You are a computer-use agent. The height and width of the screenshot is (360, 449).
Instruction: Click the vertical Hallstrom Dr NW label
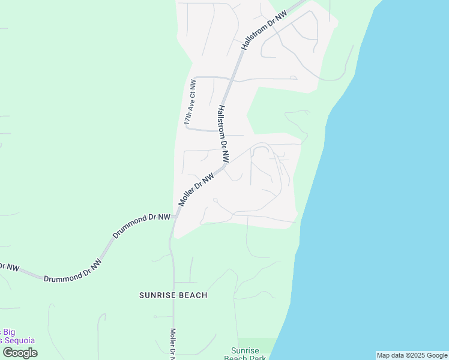(223, 135)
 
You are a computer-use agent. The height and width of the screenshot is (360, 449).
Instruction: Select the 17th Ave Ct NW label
(190, 102)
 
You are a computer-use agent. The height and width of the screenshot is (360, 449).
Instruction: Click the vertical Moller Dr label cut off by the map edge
(172, 343)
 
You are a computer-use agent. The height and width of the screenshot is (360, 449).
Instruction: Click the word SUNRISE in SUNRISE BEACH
(158, 295)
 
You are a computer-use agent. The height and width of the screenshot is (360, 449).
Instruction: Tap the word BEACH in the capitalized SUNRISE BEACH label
(193, 295)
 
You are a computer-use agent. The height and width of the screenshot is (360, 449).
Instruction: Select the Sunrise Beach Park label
(246, 355)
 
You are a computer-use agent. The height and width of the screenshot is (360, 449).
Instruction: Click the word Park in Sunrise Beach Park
(256, 358)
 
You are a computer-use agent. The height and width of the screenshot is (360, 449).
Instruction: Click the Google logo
(20, 353)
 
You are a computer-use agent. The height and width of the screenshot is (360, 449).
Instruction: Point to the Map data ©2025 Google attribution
(412, 355)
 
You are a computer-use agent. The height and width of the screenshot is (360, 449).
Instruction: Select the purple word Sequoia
(18, 340)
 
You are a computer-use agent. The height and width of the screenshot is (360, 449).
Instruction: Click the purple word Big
(9, 332)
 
